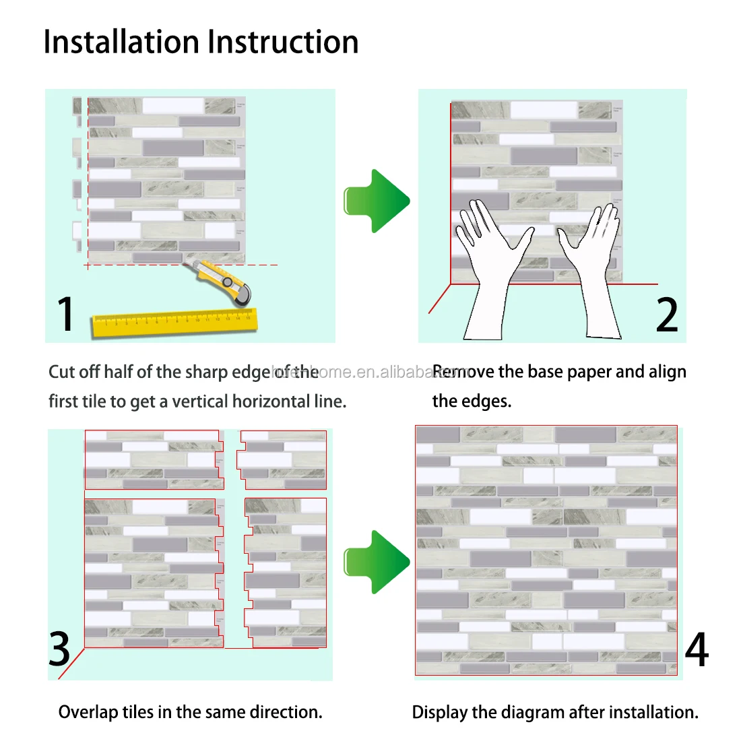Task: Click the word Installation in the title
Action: tap(122, 42)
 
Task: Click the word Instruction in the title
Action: tap(283, 42)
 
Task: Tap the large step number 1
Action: tap(65, 314)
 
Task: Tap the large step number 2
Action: tap(667, 314)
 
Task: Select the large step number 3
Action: tap(60, 649)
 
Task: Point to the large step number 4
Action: tap(697, 650)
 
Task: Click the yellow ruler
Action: tap(175, 322)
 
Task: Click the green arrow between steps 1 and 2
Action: tap(377, 201)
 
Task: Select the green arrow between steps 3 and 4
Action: tap(377, 561)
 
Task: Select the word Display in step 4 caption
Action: tap(439, 712)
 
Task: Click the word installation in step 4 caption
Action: tap(653, 712)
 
